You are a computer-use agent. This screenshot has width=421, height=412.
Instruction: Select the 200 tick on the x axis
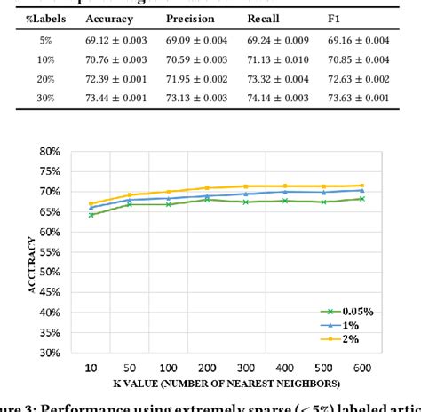205,367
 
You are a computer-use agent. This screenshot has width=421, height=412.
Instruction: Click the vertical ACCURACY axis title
33,262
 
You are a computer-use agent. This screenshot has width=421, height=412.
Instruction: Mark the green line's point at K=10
91,214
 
